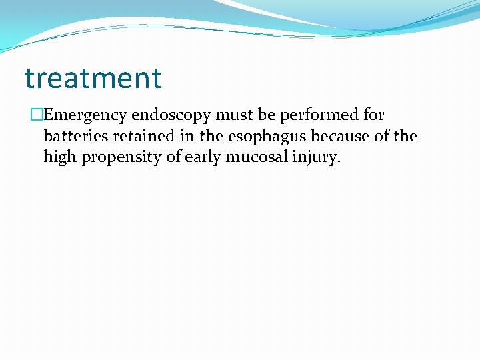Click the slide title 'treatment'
(93, 79)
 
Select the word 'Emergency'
(85, 115)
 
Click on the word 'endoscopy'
(167, 115)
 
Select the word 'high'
(60, 157)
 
